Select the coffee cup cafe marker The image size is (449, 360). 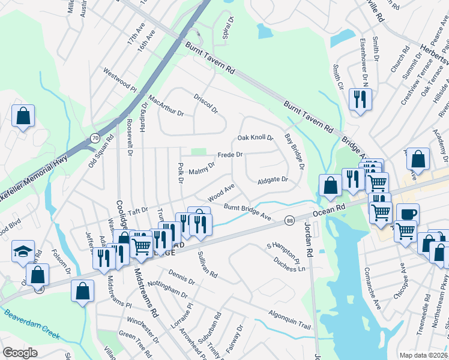coord(408,214)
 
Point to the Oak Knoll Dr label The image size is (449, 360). coord(255,138)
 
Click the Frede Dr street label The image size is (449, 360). coord(229,155)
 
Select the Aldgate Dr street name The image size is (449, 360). coord(273,179)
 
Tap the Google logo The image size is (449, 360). coord(20,352)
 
